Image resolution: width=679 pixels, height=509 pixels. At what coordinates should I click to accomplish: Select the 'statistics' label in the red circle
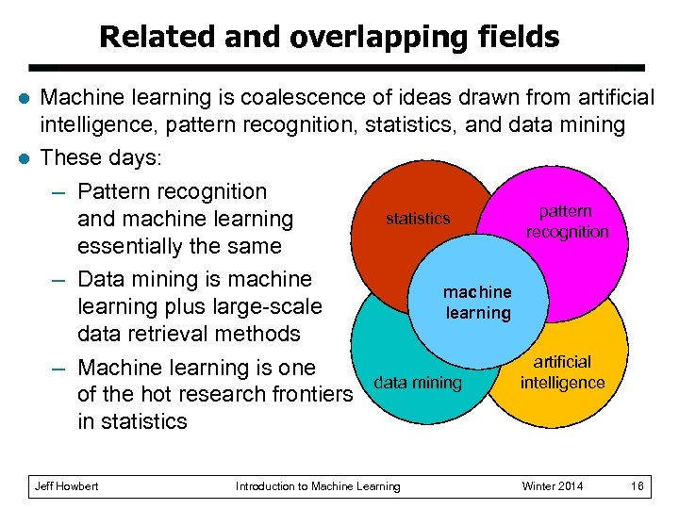[x=418, y=219]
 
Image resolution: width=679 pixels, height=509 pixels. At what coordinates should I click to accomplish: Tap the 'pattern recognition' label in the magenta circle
[x=567, y=222]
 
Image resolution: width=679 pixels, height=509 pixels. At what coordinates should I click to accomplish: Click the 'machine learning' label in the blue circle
[x=478, y=303]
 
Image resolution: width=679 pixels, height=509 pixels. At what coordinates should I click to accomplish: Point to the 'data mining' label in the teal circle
[x=418, y=383]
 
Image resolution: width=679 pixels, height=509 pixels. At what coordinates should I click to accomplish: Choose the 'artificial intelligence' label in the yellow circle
[x=562, y=372]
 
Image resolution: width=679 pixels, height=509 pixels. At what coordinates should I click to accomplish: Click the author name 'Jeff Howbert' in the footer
[x=66, y=486]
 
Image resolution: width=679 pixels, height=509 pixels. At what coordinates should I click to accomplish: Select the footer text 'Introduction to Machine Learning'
[x=318, y=486]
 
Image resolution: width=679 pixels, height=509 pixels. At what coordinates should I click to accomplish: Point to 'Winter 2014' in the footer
[x=553, y=486]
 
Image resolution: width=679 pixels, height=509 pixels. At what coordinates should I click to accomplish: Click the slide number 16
[x=638, y=486]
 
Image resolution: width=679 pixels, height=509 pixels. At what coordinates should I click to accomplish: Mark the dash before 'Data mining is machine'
[x=58, y=280]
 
